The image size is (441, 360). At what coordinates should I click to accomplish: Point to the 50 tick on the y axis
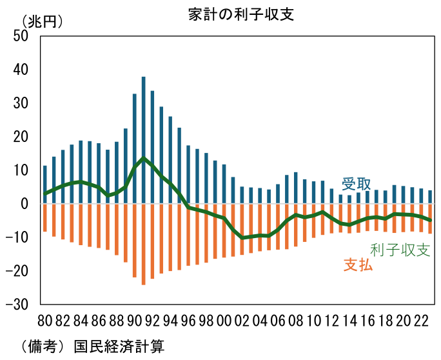click(21, 36)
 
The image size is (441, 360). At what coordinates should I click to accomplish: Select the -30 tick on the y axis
click(18, 304)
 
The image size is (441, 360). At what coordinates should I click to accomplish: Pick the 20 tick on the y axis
click(21, 137)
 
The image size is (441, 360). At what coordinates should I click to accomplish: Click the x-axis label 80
click(45, 320)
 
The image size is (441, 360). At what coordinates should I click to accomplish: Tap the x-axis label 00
click(224, 320)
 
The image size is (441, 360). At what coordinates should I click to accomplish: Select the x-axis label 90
click(134, 320)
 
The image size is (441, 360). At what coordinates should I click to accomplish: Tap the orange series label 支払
click(358, 265)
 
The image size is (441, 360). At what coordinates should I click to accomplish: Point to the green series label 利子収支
click(400, 250)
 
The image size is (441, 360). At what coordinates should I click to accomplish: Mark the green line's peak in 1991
click(143, 158)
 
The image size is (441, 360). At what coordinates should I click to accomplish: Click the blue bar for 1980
click(45, 185)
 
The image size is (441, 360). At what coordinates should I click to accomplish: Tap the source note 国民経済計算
click(119, 346)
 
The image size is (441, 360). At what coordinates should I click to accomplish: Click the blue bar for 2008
click(295, 188)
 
